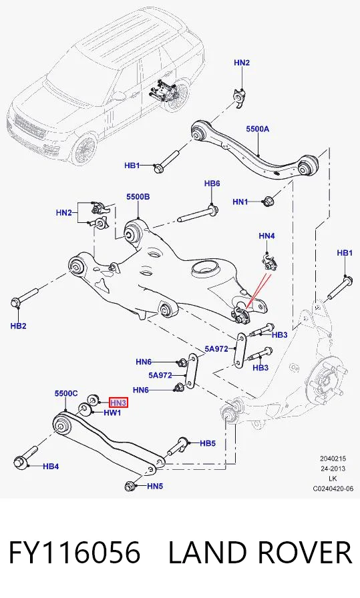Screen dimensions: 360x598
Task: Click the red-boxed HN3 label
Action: click(118, 402)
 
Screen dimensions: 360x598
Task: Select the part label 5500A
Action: click(257, 129)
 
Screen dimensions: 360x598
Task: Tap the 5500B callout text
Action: click(138, 197)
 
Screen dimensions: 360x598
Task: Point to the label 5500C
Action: click(66, 393)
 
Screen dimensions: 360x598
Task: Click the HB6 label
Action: click(212, 184)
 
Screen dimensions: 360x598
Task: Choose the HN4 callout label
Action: click(266, 236)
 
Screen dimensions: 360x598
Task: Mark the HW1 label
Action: click(112, 412)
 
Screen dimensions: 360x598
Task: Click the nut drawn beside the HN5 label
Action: click(130, 487)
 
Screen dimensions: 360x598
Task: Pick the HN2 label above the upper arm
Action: click(242, 62)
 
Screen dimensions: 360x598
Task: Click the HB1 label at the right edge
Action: click(345, 253)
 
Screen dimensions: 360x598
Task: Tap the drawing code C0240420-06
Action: click(333, 489)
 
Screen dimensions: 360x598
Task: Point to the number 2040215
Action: click(333, 459)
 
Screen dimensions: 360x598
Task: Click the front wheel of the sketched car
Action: click(84, 149)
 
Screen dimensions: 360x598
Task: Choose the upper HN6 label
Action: click(144, 362)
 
